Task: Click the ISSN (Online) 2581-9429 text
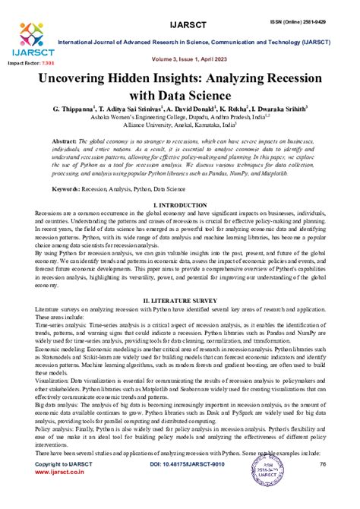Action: click(314, 12)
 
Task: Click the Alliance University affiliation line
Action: click(179, 130)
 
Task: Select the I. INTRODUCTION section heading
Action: click(180, 206)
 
